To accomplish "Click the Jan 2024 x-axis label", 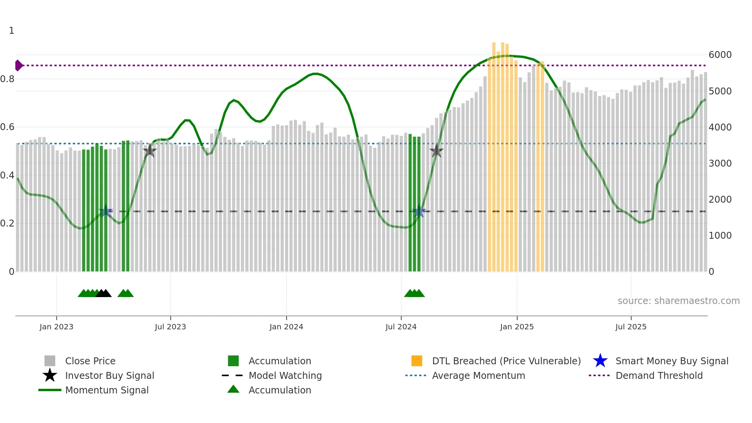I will pyautogui.click(x=286, y=327).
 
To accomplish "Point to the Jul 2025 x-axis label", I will pyautogui.click(x=631, y=327).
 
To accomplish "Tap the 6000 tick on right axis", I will pyautogui.click(x=720, y=55).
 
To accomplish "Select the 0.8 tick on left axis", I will pyautogui.click(x=8, y=79).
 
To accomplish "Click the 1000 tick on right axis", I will pyautogui.click(x=720, y=235).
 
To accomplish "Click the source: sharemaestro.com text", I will pyautogui.click(x=678, y=301).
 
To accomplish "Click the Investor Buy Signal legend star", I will pyautogui.click(x=50, y=375).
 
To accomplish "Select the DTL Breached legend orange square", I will pyautogui.click(x=417, y=361).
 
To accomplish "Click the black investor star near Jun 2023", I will pyautogui.click(x=150, y=151).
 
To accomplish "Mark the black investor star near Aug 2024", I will pyautogui.click(x=436, y=151).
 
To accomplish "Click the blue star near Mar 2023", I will pyautogui.click(x=106, y=211).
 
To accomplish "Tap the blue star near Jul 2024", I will pyautogui.click(x=419, y=211).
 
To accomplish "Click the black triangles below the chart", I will pyautogui.click(x=104, y=293).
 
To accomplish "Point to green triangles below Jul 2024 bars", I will pyautogui.click(x=414, y=293).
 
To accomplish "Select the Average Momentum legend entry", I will pyautogui.click(x=478, y=375).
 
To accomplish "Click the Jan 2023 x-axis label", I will pyautogui.click(x=56, y=327).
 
